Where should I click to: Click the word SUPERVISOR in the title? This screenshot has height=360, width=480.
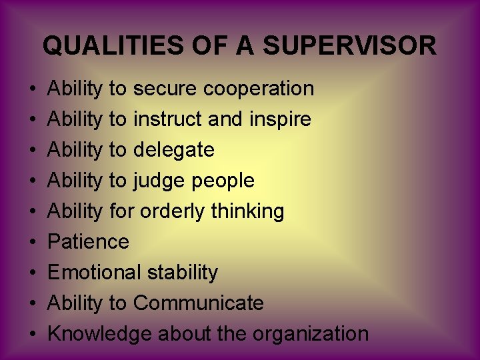point(350,46)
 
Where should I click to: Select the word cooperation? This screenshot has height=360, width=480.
point(258,88)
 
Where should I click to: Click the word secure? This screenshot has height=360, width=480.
point(165,88)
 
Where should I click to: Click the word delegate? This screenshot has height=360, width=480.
point(173,150)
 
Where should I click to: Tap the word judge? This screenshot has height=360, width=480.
point(159,181)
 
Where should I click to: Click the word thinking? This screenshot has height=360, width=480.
point(247,211)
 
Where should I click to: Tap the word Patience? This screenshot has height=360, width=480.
point(89,241)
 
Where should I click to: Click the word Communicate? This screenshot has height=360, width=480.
point(198,303)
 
